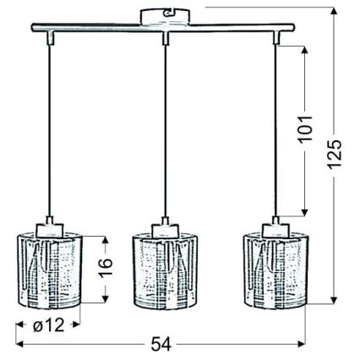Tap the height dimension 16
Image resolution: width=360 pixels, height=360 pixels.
coord(104,270)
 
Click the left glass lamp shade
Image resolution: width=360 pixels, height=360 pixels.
coord(47,270)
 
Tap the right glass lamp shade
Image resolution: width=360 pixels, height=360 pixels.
coord(275,270)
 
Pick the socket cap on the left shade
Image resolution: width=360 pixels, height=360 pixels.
coord(49,229)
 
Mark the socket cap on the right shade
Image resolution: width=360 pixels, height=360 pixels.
coord(275,229)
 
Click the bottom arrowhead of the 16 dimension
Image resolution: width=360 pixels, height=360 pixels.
coord(104,302)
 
